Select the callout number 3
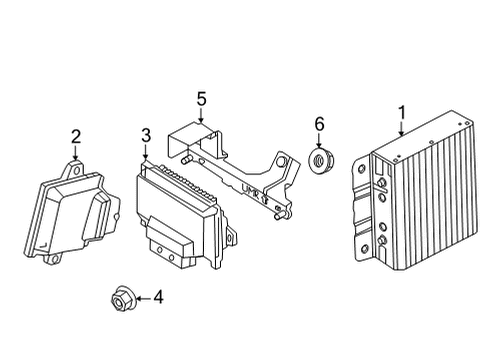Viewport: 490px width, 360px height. [145, 135]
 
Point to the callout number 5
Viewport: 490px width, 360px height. [201, 98]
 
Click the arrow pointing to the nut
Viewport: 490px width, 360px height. [136, 298]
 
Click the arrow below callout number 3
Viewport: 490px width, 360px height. [145, 153]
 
